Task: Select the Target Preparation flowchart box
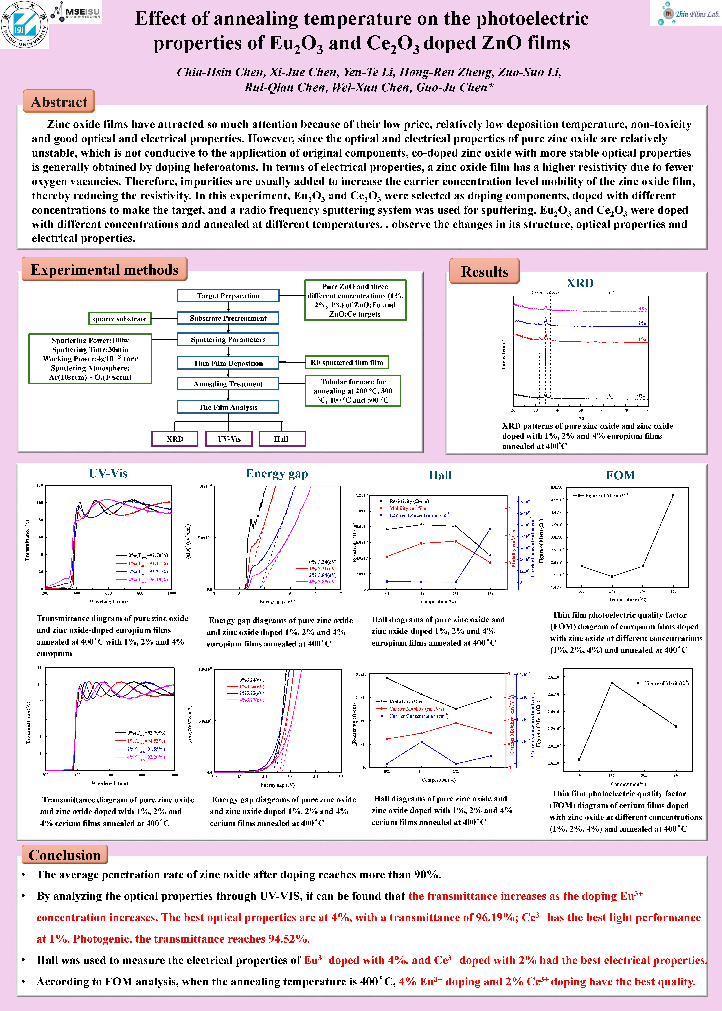tap(228, 296)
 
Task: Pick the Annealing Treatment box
tap(228, 384)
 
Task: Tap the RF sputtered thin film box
tap(346, 362)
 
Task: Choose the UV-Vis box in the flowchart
tap(229, 439)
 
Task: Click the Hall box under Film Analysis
tap(281, 439)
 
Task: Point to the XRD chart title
tap(580, 283)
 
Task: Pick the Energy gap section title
tap(277, 473)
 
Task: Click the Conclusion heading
tap(65, 855)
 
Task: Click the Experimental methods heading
tap(105, 270)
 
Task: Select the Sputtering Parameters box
tap(228, 339)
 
